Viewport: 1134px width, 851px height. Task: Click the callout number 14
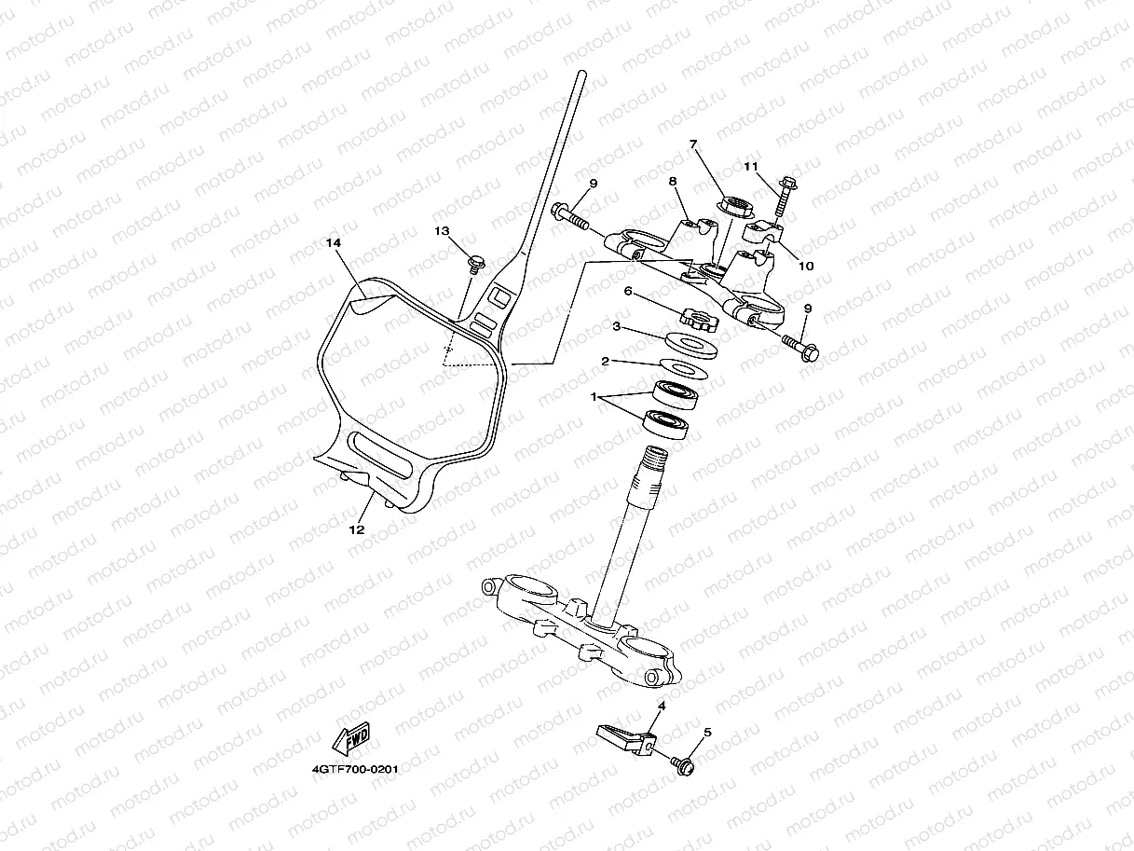334,242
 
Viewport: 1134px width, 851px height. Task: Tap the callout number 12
357,528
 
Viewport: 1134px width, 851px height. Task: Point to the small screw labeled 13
475,262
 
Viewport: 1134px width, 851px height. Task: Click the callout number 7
693,144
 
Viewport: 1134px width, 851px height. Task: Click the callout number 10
807,266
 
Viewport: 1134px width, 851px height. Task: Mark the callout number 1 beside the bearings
593,396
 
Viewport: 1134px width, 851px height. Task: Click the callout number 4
661,707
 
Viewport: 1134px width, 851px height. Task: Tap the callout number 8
671,181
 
